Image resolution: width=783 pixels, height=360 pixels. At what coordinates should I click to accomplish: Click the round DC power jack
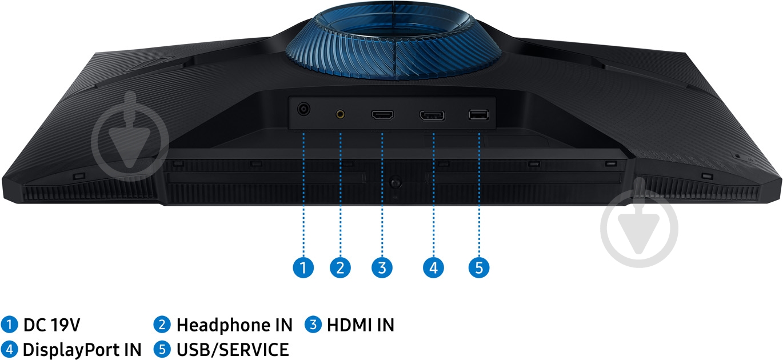click(x=303, y=109)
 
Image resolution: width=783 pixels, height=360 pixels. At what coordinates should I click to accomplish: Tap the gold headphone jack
click(x=340, y=114)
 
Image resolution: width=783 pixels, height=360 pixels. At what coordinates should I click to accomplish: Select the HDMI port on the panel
click(x=382, y=115)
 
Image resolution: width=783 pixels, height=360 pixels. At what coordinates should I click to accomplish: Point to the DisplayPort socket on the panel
click(x=432, y=115)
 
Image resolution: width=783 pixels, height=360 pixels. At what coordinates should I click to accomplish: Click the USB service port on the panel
click(x=478, y=115)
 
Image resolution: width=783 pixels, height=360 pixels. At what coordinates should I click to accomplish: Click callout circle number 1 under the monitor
click(x=303, y=268)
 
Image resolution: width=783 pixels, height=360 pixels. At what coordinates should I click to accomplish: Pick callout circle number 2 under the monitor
click(x=340, y=268)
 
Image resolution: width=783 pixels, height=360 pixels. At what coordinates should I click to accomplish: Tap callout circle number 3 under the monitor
click(x=382, y=268)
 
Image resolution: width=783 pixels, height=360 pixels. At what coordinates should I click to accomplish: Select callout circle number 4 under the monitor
click(x=433, y=268)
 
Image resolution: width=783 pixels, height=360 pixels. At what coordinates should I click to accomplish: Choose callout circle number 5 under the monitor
click(x=479, y=268)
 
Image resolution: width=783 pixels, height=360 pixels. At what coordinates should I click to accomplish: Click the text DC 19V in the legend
click(x=52, y=325)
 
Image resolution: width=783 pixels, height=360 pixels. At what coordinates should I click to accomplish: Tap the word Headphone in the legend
click(x=223, y=325)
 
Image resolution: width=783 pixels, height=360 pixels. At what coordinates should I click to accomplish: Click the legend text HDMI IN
click(x=361, y=325)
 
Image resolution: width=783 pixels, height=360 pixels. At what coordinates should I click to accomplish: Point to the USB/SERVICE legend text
click(x=233, y=350)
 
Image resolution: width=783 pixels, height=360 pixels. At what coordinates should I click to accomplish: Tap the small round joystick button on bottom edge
click(x=396, y=183)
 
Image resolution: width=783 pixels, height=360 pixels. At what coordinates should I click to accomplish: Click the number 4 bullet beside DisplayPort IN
click(x=10, y=350)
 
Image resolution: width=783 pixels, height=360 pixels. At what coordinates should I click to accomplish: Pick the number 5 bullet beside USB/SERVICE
click(x=162, y=350)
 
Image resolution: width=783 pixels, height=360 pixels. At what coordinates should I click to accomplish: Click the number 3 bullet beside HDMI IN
click(x=313, y=325)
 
